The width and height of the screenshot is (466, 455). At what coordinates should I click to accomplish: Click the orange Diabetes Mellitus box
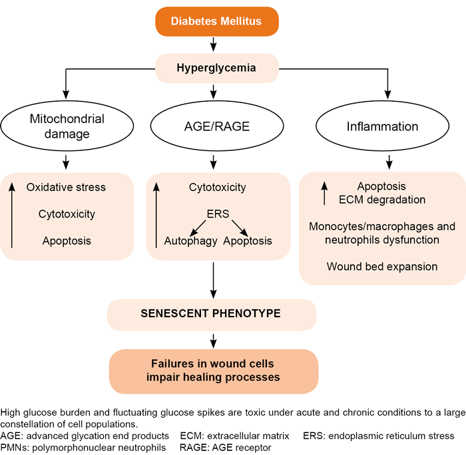216,21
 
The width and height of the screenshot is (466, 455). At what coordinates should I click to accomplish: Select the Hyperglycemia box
216,67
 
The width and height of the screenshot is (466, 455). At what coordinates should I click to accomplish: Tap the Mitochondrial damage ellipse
66,126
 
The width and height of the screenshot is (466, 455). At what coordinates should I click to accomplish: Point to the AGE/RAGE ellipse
212,126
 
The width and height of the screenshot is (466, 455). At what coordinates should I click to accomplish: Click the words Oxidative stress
66,187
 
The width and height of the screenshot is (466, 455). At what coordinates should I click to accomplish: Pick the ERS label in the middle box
214,215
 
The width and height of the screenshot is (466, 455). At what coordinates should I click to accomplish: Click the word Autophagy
191,241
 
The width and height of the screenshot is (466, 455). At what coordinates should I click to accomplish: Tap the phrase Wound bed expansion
381,266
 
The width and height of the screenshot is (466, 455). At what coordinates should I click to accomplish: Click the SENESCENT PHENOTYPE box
212,313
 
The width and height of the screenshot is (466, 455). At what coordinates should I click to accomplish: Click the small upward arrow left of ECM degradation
324,193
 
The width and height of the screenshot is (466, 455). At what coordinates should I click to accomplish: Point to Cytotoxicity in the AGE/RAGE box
218,188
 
